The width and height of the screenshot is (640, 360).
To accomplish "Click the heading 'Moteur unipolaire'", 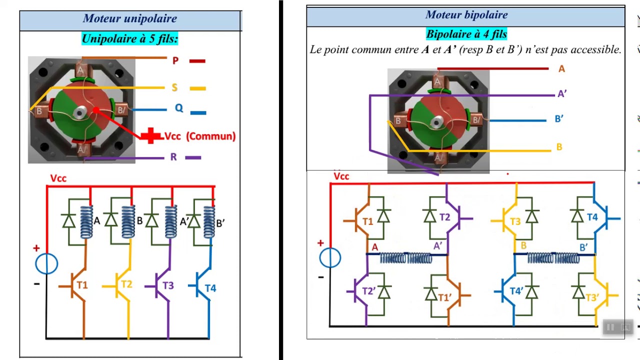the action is [130, 18].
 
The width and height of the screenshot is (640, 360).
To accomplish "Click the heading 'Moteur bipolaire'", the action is [466, 15].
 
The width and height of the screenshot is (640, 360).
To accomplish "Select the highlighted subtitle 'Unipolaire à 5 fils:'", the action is [130, 38].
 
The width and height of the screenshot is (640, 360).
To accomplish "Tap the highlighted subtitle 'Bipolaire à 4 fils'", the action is [466, 34].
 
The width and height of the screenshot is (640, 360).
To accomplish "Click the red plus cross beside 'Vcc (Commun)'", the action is [151, 135].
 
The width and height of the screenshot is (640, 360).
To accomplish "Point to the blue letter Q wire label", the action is [179, 108].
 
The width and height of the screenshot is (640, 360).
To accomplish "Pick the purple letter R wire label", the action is [173, 157].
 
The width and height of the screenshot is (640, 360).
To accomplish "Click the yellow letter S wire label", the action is [174, 87].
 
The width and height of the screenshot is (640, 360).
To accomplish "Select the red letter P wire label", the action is [175, 60].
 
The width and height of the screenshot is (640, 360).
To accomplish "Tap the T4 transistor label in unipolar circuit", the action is [210, 288].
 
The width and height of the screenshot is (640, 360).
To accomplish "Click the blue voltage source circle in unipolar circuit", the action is [46, 263].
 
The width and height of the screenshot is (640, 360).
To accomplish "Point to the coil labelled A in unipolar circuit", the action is [86, 222].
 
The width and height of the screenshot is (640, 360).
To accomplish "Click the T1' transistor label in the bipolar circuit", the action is [444, 297].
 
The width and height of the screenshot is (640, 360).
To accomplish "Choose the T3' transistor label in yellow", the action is [592, 297].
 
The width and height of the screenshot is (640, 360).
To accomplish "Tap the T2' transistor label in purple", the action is [368, 291].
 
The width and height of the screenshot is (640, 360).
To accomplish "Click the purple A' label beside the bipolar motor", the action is [562, 93].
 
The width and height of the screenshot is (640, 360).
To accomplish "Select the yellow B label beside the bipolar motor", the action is [559, 147].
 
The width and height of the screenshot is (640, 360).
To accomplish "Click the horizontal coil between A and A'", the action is [406, 258].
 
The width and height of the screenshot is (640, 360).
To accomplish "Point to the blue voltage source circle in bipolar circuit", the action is [330, 257].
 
